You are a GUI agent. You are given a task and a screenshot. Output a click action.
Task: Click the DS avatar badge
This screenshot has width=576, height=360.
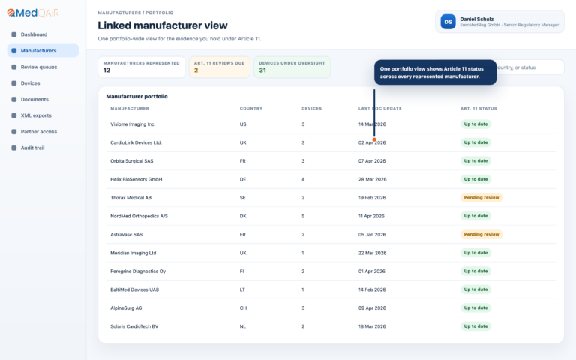click(448, 22)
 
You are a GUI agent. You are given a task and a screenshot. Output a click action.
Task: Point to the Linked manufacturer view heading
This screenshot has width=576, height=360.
click(163, 25)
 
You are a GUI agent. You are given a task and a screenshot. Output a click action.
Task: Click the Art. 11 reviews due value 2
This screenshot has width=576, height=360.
click(196, 70)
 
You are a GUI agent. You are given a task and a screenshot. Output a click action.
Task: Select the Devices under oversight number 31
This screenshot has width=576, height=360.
click(262, 70)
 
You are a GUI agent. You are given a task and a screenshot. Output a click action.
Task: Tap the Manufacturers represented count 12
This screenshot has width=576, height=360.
click(106, 70)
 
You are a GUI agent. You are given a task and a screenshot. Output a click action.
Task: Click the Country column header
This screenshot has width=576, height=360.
click(251, 108)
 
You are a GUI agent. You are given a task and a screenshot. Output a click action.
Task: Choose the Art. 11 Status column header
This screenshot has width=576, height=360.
click(478, 108)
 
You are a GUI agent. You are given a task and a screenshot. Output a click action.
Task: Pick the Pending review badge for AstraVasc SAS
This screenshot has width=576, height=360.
click(481, 234)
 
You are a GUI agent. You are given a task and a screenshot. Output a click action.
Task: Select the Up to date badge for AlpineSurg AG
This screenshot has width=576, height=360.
click(475, 307)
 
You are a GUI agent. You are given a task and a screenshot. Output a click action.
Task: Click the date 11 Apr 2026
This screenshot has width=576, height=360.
click(371, 216)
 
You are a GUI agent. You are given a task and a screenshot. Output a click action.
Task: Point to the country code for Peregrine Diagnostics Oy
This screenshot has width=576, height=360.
click(241, 271)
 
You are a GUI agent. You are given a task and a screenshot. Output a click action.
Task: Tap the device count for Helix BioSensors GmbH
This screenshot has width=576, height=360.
click(303, 179)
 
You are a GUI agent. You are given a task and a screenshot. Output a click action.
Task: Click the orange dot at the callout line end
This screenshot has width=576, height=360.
click(374, 139)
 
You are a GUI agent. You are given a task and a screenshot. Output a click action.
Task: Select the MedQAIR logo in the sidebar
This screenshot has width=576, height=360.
click(33, 13)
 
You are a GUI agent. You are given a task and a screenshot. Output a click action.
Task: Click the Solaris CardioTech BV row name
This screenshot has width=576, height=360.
click(134, 326)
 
